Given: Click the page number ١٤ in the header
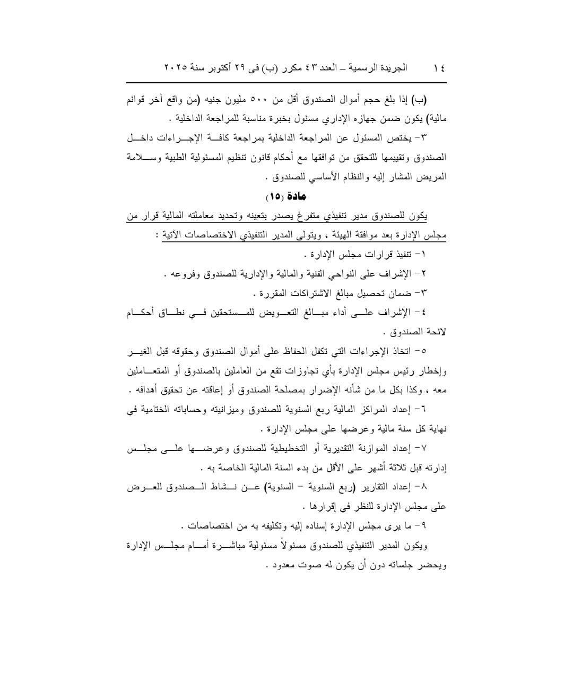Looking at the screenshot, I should [x=439, y=68].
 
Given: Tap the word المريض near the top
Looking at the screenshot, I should [x=434, y=177].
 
